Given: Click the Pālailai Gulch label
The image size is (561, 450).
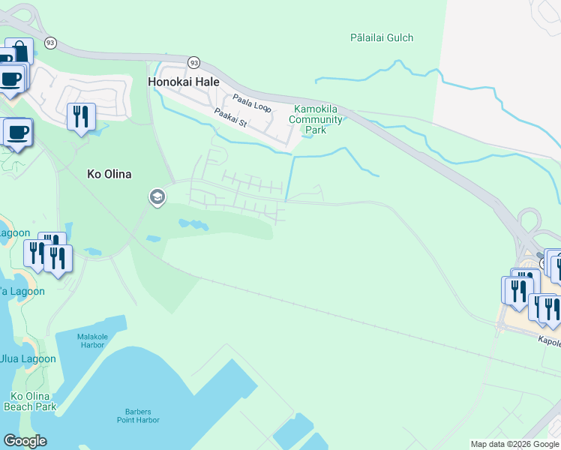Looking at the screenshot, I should point(382,37).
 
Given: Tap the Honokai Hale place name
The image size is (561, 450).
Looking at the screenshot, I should point(184,82).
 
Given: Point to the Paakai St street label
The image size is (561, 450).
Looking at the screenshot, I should point(230,118).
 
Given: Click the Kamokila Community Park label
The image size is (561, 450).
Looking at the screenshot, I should point(316,119).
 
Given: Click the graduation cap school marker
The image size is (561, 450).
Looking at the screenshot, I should point(157,197).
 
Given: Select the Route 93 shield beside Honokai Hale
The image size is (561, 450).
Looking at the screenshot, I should point(193,62).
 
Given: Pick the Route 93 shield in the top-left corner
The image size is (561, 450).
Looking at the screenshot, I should point(50,43).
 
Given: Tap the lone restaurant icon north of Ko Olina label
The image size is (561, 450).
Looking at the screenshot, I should point(81,116).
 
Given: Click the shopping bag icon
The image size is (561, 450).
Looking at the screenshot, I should point(20,51).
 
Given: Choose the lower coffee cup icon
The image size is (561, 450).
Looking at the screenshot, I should point(18,132).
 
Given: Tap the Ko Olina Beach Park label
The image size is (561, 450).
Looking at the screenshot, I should point(30,401).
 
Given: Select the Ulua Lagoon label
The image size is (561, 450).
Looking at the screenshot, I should point(28,358).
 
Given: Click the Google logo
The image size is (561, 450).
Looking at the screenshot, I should point(25,441).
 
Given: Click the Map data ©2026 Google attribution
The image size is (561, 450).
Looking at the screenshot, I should point(514,444).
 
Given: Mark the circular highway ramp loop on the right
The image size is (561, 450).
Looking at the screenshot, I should point(529,222).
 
